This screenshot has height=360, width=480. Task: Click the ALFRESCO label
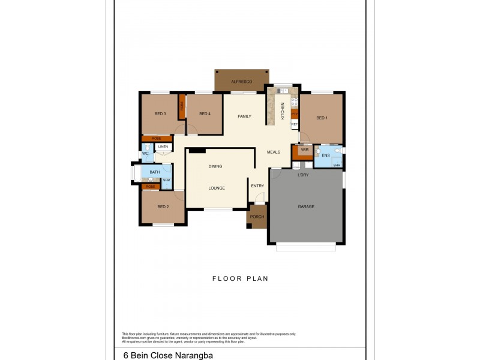[241, 81]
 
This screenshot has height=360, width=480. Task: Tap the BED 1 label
[322, 118]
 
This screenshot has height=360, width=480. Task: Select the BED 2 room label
[163, 207]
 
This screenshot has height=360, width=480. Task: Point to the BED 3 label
[160, 114]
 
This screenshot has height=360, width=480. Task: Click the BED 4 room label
[205, 114]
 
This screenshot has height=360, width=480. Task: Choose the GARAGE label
[306, 207]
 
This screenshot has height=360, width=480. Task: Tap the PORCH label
[257, 217]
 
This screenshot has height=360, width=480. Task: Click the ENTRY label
[257, 186]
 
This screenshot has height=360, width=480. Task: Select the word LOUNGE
[217, 188]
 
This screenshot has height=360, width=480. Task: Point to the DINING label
[215, 166]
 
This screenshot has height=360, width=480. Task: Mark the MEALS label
[274, 152]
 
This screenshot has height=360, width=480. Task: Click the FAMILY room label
[244, 116]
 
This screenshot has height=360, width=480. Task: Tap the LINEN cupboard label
[163, 146]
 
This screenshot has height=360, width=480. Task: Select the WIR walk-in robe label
[305, 149]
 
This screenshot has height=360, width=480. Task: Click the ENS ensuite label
[326, 155]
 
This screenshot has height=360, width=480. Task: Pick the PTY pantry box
[295, 113]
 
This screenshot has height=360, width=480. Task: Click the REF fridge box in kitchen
[295, 124]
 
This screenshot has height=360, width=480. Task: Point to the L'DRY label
[304, 175]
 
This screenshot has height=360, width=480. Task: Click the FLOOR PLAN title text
[240, 278]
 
